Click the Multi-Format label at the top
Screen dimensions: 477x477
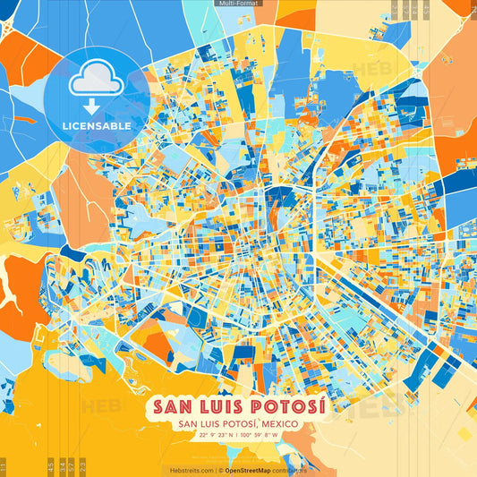[x=238, y=4]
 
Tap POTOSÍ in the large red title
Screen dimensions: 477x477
[x=292, y=406]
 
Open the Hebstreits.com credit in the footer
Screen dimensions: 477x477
[x=189, y=470]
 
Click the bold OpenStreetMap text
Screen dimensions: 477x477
[x=254, y=470]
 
